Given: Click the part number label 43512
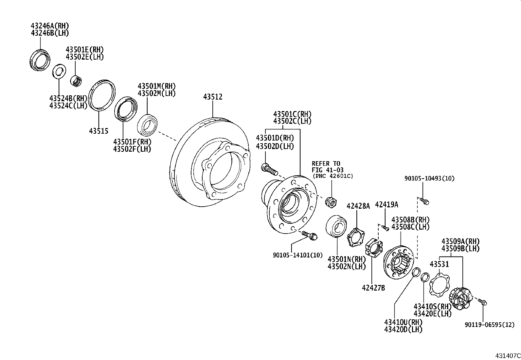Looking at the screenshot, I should tap(213, 97).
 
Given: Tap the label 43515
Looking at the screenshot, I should tap(99, 131).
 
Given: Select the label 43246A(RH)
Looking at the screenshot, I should tap(50, 26).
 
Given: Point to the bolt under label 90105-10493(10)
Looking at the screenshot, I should tap(424, 201).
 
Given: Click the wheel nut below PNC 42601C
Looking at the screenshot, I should tap(331, 202).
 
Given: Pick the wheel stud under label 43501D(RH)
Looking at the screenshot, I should tap(269, 170).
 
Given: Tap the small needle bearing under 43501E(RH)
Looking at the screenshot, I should tap(77, 81).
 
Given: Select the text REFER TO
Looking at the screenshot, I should tap(326, 163).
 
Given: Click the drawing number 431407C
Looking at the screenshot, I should tap(507, 355).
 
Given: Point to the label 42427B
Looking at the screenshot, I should tap(373, 288).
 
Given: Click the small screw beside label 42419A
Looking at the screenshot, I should tap(386, 228).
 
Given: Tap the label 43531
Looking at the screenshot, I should tap(439, 264).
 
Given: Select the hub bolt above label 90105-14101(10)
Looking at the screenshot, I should tap(309, 235).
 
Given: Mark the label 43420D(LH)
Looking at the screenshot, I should tap(403, 329).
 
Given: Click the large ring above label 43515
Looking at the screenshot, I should tap(102, 95).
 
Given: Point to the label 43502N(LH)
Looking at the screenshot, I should tap(347, 266).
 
